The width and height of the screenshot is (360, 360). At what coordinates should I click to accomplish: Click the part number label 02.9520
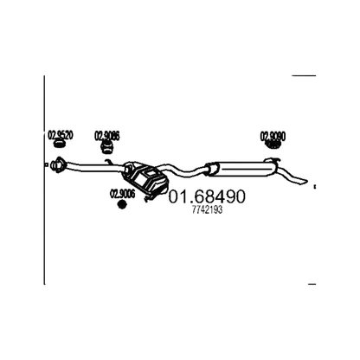click(60, 135)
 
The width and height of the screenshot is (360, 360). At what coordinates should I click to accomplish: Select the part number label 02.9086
click(107, 136)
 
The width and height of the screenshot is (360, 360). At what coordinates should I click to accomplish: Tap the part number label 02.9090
click(273, 136)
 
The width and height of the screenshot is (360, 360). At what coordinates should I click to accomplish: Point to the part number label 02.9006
click(122, 194)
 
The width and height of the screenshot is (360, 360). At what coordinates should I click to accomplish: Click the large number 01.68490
click(207, 196)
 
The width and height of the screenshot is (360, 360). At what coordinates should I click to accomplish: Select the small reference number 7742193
click(207, 210)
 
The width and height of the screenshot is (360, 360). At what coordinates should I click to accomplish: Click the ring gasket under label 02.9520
click(60, 144)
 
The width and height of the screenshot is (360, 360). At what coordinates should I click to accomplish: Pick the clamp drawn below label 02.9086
click(106, 147)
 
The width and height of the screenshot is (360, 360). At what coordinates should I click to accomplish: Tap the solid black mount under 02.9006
click(122, 204)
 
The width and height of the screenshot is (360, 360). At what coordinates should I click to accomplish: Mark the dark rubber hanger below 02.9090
click(273, 145)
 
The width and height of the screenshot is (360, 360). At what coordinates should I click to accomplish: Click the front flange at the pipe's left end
click(58, 165)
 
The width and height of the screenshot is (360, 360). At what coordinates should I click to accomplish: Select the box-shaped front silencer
click(145, 179)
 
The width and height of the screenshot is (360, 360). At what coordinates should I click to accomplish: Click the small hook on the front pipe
click(108, 162)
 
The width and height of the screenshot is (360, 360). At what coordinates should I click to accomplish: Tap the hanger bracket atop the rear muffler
click(273, 159)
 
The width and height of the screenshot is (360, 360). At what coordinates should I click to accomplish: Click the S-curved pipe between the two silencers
click(181, 170)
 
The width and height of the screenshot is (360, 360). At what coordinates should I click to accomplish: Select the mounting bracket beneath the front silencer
click(149, 198)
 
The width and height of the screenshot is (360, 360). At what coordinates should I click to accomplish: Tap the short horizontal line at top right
click(304, 75)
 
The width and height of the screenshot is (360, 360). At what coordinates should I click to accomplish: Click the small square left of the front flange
click(47, 164)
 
